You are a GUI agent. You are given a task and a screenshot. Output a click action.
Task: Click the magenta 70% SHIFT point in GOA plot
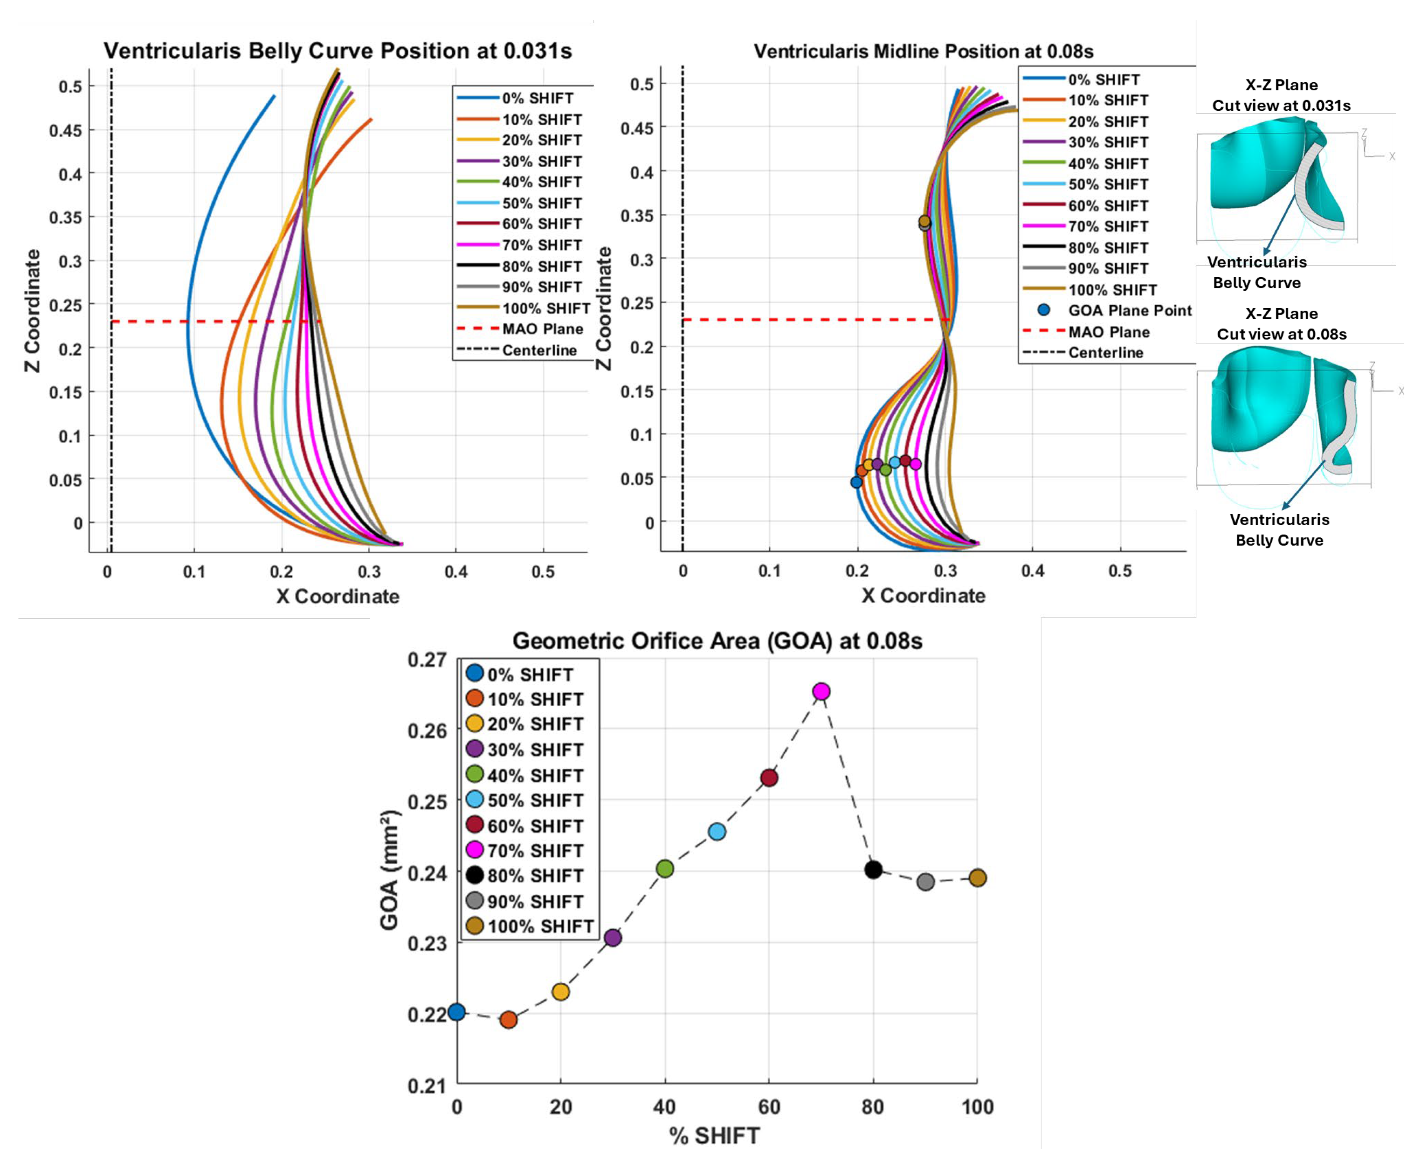coord(821,691)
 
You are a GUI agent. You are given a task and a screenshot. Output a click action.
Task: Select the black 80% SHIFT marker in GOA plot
coord(873,870)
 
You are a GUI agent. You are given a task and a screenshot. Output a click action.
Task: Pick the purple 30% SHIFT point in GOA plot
coord(613,937)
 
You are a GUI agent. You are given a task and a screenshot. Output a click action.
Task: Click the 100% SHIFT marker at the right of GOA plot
coord(977,878)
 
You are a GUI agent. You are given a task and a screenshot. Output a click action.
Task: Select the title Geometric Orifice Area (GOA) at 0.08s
coord(717,641)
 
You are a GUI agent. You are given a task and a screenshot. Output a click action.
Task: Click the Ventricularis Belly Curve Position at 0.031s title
coord(337,51)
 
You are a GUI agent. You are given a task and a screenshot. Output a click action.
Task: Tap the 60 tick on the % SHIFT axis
coord(769,1107)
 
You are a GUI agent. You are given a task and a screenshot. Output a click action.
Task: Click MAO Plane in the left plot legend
coord(542,329)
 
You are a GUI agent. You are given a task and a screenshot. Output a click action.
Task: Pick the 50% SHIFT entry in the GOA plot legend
coord(535,801)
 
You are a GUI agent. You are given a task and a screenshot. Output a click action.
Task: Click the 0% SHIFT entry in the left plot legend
coord(537,98)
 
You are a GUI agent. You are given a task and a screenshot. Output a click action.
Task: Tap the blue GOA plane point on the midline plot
coord(856,482)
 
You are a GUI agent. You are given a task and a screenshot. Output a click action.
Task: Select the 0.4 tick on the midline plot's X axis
coord(1033,571)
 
